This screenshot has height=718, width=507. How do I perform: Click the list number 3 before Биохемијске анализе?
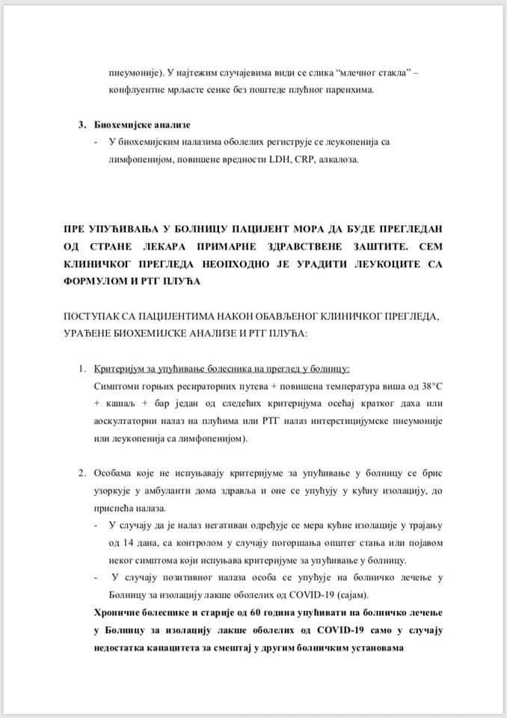click(x=82, y=124)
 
